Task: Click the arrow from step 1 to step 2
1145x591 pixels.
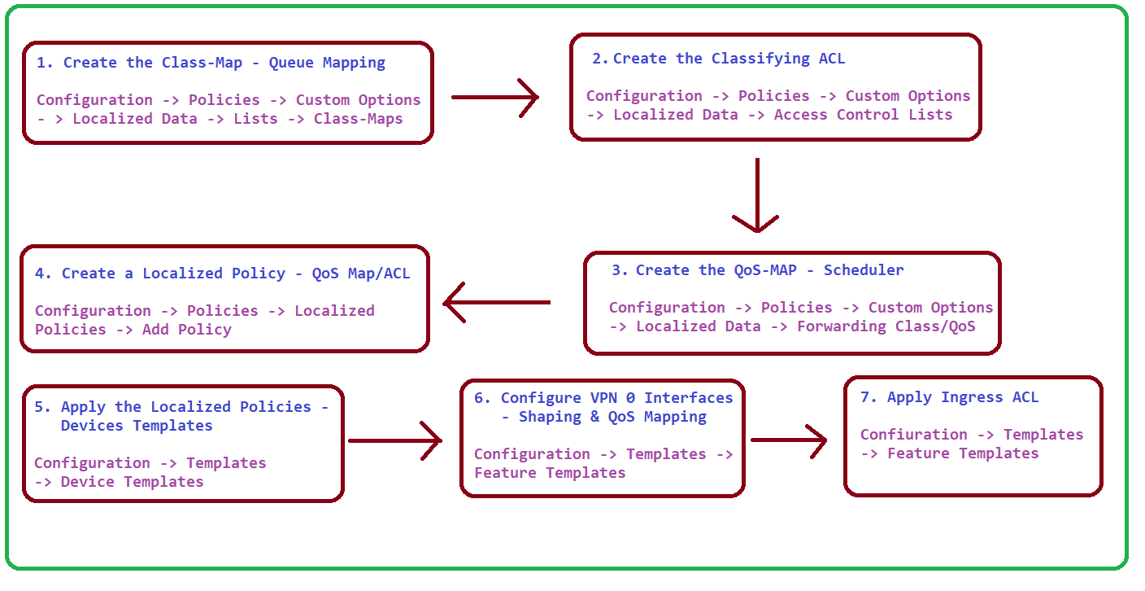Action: click(494, 97)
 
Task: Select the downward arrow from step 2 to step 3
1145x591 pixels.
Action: click(757, 195)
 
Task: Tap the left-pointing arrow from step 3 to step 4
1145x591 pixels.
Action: click(497, 302)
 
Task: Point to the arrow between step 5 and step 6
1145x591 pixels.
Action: click(395, 440)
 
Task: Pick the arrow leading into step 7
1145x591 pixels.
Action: click(789, 440)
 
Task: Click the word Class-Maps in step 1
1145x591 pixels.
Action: click(358, 119)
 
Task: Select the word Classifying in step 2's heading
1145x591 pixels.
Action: click(760, 59)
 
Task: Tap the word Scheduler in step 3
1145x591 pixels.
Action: click(864, 270)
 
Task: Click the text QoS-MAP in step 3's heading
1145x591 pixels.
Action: click(765, 270)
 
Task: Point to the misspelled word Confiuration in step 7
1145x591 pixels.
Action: click(913, 435)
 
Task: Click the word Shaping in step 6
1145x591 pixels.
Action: click(550, 418)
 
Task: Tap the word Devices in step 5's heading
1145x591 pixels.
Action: click(92, 426)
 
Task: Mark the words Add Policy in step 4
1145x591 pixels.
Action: click(186, 330)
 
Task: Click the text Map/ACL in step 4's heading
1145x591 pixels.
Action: click(379, 274)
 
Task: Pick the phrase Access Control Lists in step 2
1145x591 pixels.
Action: click(863, 115)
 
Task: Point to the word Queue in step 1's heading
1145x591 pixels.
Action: click(291, 63)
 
